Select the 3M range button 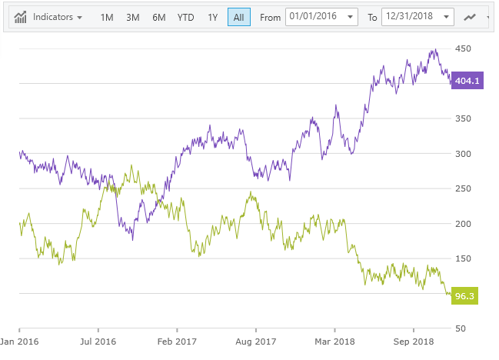[x=133, y=17]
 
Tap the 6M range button [x=158, y=17]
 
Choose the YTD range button [x=185, y=17]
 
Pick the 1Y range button [x=213, y=17]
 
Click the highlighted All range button [x=238, y=17]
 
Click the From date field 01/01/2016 [x=321, y=17]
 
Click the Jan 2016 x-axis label [x=19, y=340]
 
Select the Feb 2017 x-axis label [x=177, y=340]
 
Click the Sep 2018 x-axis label [x=413, y=340]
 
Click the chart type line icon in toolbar [x=471, y=17]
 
